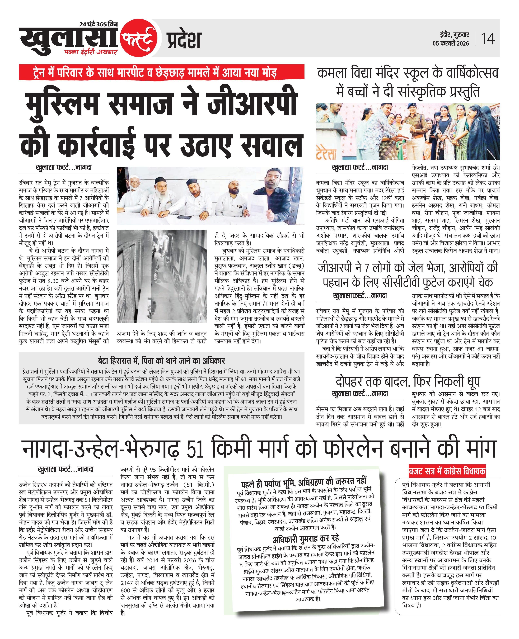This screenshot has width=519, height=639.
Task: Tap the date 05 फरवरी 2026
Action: point(451,43)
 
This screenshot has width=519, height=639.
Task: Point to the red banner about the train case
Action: point(161,72)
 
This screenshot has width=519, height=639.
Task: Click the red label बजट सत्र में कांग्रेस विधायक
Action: point(447,472)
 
